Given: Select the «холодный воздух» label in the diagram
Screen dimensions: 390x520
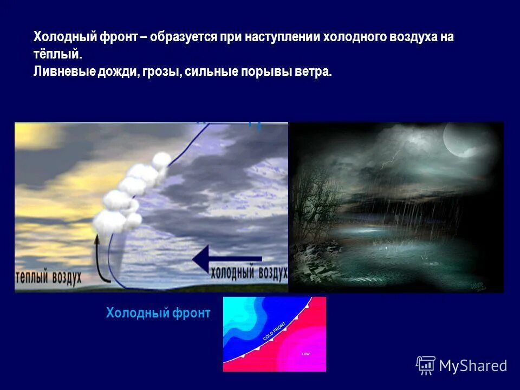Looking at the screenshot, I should click(249, 273).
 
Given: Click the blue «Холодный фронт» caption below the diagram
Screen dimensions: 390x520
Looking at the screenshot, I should click(158, 313).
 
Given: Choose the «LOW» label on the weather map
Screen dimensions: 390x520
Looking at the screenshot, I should click(305, 353).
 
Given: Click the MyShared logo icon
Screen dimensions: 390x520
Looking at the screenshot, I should click(426, 365).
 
